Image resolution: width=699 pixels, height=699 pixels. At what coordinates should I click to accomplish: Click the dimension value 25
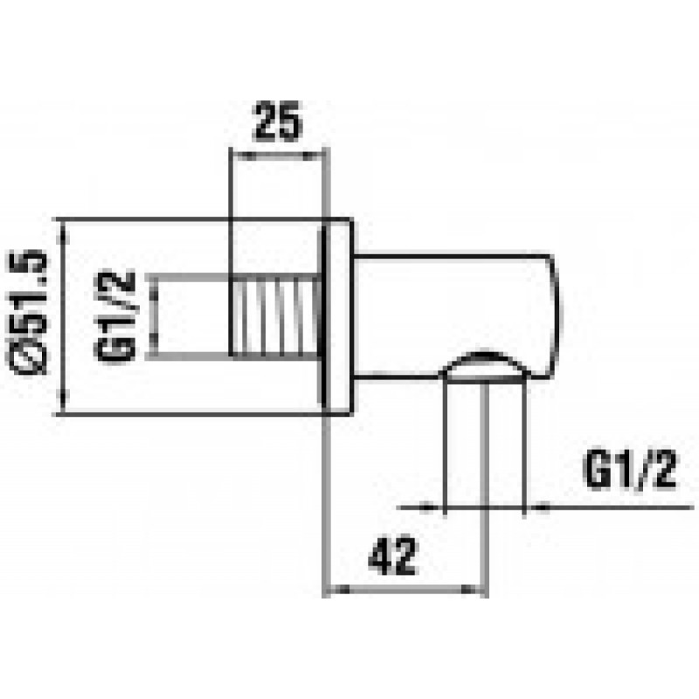(x=277, y=121)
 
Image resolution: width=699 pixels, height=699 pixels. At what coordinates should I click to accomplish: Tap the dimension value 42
(x=392, y=556)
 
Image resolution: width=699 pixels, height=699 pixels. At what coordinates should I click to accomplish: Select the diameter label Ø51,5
(x=28, y=312)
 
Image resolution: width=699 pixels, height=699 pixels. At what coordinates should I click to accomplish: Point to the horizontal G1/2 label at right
(x=630, y=469)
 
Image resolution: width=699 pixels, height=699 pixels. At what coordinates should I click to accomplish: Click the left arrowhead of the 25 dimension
(x=244, y=156)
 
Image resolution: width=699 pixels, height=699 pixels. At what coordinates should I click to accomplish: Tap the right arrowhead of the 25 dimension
(x=310, y=156)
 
